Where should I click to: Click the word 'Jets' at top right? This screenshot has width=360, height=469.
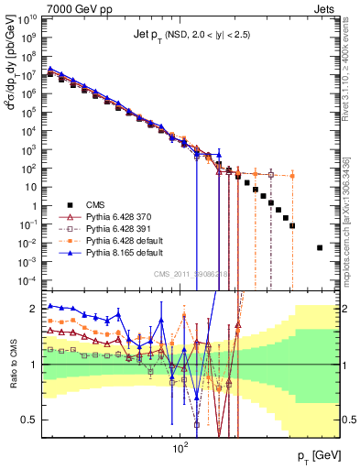[x=328, y=7]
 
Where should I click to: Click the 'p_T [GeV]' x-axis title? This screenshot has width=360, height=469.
[x=319, y=455]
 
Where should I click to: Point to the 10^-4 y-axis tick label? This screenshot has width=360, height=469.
[x=26, y=279]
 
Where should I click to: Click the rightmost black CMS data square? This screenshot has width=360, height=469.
[x=320, y=247]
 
